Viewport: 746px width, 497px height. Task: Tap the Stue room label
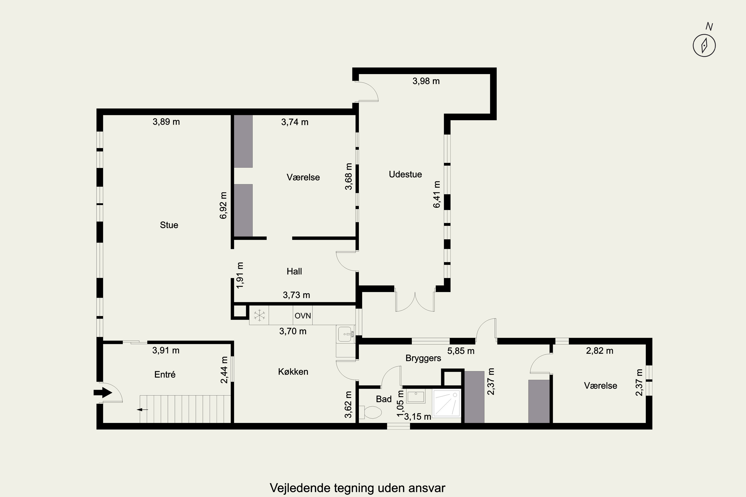tap(169, 225)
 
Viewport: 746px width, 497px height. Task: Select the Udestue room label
tap(405, 174)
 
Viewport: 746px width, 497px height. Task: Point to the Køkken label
tap(293, 372)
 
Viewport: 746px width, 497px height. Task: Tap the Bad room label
tap(384, 399)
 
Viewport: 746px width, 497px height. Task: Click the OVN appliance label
tap(303, 316)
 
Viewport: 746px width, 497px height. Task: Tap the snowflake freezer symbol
tap(259, 315)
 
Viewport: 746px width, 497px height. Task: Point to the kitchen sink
tap(345, 334)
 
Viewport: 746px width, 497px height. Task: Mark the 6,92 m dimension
tap(223, 206)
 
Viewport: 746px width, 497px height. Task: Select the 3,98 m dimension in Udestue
tap(426, 81)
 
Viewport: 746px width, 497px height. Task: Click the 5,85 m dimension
tap(461, 351)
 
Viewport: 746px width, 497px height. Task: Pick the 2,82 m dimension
tap(600, 351)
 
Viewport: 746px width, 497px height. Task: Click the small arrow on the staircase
tap(142, 410)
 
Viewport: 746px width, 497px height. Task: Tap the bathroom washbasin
tap(416, 397)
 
